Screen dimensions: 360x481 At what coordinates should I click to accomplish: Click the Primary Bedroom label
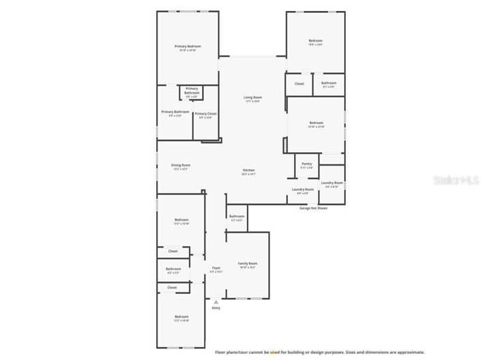[188, 46]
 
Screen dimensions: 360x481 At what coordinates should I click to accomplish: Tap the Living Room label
[253, 97]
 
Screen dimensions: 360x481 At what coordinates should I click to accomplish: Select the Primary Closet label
[205, 113]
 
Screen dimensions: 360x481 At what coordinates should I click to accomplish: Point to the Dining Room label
[181, 165]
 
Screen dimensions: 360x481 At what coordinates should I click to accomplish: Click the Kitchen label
[249, 170]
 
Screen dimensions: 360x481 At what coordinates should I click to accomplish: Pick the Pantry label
[307, 164]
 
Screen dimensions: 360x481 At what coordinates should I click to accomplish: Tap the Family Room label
[248, 263]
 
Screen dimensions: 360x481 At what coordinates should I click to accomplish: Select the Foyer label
[216, 268]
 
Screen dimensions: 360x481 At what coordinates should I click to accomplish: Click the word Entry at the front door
[216, 307]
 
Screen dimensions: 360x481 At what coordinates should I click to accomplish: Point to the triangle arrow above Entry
[216, 301]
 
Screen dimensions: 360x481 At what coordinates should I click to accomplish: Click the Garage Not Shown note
[313, 208]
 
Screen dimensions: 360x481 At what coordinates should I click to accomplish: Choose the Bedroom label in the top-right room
[316, 41]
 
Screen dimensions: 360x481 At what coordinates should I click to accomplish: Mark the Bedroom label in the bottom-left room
[181, 316]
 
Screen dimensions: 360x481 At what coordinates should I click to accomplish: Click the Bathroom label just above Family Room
[237, 216]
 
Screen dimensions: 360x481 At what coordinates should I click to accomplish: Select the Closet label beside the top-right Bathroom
[299, 84]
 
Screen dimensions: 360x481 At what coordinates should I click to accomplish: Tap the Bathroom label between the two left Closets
[173, 269]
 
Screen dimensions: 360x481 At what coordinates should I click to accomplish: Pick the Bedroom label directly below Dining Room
[181, 220]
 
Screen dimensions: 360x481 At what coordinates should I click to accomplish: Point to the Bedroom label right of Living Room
[316, 123]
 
